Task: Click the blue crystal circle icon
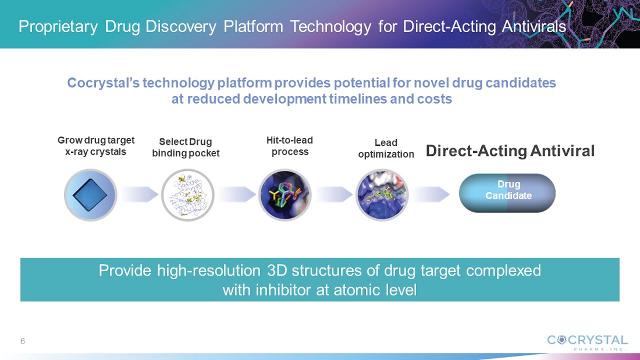pos(91,195)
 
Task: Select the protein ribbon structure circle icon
pos(187,195)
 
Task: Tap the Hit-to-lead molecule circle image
pos(285,195)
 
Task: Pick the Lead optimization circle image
pos(382,195)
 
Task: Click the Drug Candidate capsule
pos(507,193)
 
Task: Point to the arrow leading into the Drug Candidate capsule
pos(432,194)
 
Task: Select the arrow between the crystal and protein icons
pos(140,194)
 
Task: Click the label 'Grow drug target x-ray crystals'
pos(96,146)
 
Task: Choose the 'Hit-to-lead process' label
pos(290,146)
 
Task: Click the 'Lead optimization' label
pos(386,148)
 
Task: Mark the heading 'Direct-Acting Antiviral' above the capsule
pos(510,151)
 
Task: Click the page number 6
pos(23,341)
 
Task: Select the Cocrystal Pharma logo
pos(587,343)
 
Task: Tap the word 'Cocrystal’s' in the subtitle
pos(105,83)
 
